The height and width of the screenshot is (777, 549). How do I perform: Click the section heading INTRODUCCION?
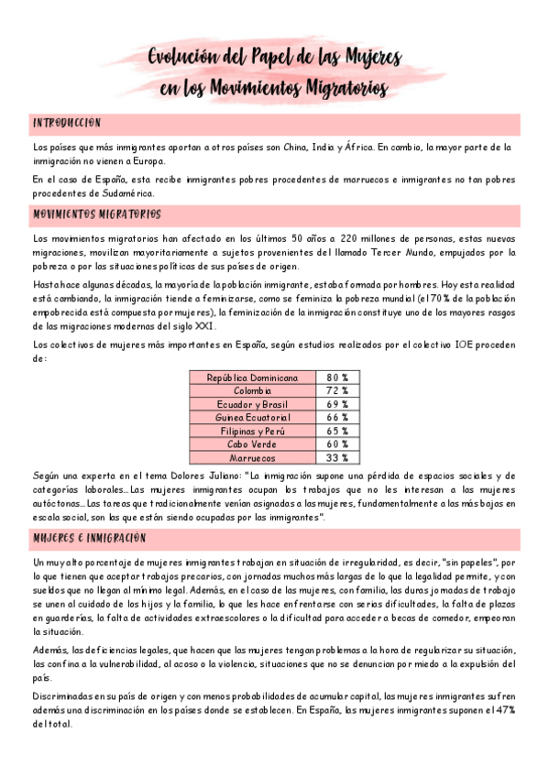[67, 123]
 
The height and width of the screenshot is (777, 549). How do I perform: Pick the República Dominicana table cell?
[252, 378]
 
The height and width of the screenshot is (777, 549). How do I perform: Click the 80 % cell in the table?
[337, 378]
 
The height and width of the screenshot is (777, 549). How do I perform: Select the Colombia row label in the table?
[252, 391]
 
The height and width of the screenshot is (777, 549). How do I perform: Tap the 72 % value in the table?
[337, 391]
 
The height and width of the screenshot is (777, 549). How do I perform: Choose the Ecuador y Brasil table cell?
[252, 404]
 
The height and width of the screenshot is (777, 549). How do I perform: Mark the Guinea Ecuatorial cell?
[252, 418]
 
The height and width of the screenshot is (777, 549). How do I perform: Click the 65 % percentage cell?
[337, 431]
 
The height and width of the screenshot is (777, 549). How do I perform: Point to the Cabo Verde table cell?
[252, 444]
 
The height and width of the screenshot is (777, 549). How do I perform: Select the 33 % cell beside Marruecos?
[337, 457]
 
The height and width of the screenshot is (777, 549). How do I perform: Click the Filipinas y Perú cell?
[252, 431]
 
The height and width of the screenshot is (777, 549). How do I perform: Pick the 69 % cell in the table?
[337, 404]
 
